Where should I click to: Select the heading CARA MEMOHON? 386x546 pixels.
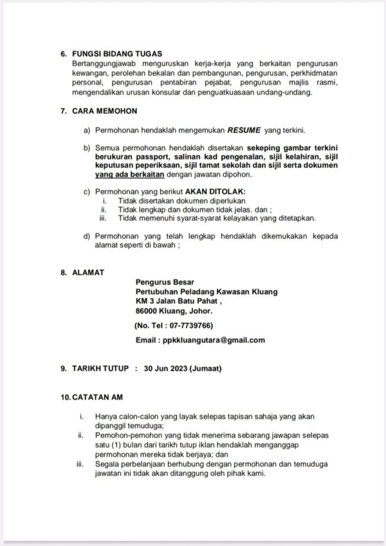[102, 111]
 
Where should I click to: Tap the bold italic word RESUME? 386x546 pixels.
[242, 130]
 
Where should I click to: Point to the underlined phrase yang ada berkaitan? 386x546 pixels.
[129, 174]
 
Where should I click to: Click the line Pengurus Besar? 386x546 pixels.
[165, 281]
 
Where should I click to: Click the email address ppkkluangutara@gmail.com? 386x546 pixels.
[214, 340]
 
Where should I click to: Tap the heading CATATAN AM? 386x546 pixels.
[97, 397]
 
